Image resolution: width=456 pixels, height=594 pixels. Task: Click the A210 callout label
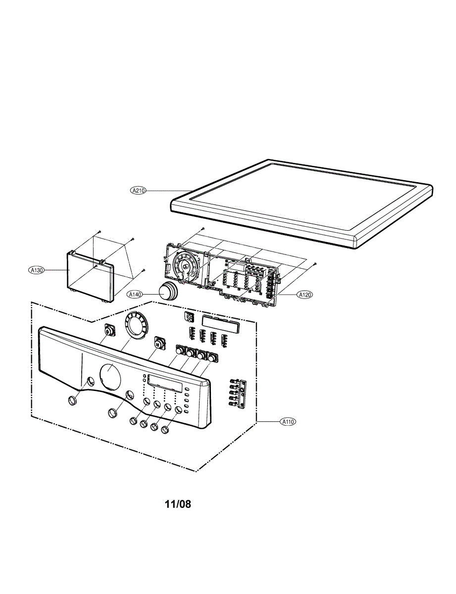point(138,190)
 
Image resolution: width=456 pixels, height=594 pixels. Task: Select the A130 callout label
point(37,270)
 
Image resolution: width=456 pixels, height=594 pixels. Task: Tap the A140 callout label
point(135,295)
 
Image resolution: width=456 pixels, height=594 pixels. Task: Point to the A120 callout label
point(304,295)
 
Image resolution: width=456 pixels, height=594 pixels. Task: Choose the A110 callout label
point(288,422)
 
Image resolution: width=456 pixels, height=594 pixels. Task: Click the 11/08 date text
point(178,504)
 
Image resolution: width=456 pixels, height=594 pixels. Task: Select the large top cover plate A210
point(302,200)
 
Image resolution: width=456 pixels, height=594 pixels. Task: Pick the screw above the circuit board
point(203,229)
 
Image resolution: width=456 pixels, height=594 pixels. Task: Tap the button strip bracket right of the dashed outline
point(237,394)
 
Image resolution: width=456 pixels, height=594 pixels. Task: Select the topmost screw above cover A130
point(99,231)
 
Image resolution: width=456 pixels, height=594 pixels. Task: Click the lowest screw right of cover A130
point(143,270)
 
